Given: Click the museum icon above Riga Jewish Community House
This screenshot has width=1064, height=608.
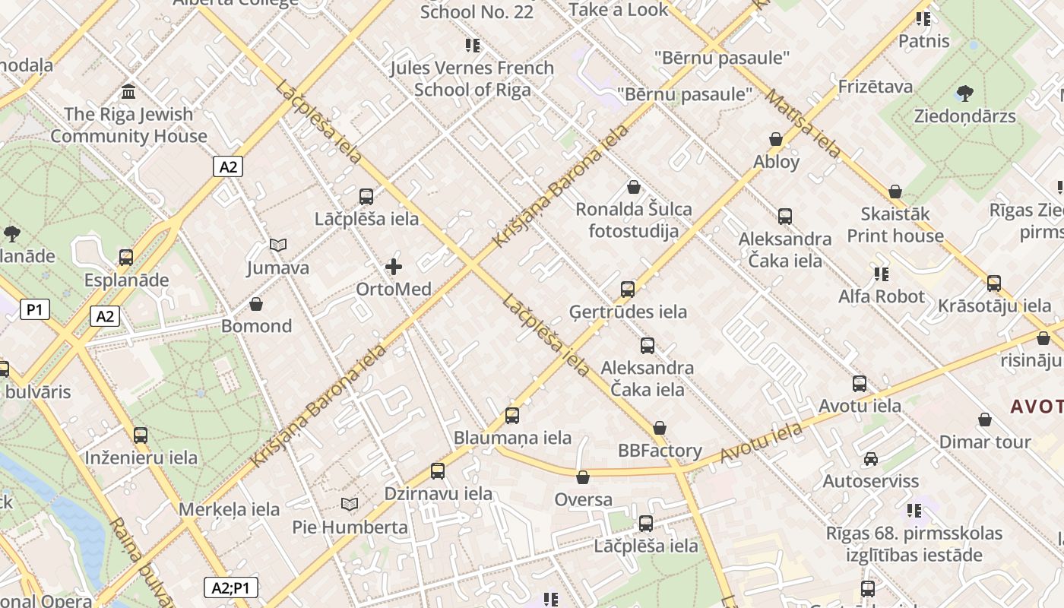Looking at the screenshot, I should [128, 92].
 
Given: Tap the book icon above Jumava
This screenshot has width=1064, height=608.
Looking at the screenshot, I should [278, 245].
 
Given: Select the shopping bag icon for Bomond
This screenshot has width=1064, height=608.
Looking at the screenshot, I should [256, 304].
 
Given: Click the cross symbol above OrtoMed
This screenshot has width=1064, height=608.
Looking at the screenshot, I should [394, 267].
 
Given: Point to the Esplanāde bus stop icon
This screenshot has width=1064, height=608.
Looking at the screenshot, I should [126, 258].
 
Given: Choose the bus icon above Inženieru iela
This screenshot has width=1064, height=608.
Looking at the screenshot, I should [141, 435].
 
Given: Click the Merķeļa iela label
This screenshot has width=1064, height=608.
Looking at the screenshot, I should [230, 509].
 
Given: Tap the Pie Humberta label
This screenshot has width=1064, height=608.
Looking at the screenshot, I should [350, 527].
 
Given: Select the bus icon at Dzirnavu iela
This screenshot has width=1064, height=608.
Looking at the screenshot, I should [438, 471].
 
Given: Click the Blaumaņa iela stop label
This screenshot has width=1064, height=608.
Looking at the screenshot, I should [512, 438].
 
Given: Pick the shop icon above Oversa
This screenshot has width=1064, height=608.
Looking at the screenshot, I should [583, 477].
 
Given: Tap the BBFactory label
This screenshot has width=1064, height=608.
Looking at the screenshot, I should [660, 451].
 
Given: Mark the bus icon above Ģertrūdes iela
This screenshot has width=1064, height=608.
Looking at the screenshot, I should [628, 290].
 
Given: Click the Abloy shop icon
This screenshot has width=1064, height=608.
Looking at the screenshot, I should [776, 139].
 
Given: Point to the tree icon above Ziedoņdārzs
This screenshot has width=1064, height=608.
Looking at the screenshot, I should [964, 93].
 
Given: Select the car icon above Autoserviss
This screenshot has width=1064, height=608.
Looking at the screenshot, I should [871, 459].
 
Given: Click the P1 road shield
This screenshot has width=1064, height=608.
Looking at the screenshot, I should [35, 309].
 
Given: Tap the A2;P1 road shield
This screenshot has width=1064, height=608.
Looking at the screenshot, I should [231, 587].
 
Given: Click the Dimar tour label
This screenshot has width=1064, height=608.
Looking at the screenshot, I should [985, 442].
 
